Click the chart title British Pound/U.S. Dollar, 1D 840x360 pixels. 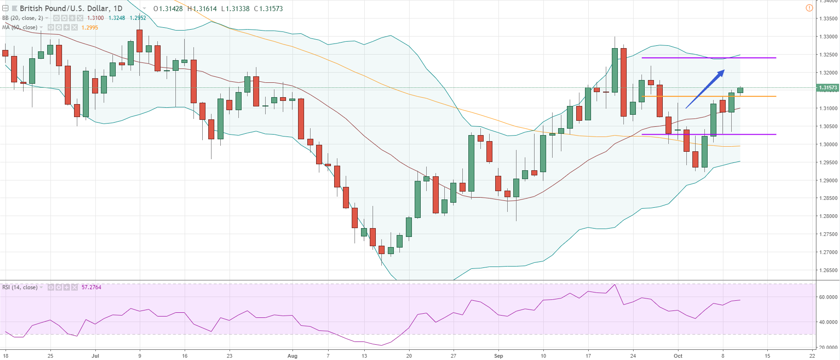pos(71,8)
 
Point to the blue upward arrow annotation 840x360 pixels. pos(705,89)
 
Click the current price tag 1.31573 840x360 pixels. pos(828,87)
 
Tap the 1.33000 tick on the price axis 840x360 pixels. pos(828,37)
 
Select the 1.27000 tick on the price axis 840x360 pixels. pos(828,252)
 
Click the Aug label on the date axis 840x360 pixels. pos(292,356)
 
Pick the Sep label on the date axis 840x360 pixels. pos(498,356)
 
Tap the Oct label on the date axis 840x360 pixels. pos(678,356)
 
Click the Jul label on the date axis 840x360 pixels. pos(95,356)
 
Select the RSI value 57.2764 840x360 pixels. pos(91,287)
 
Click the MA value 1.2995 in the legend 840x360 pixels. pos(90,28)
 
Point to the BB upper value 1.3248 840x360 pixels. pos(117,18)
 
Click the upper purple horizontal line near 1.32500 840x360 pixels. pos(709,58)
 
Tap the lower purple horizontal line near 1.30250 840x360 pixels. pos(709,134)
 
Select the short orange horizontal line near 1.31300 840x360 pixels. pos(709,96)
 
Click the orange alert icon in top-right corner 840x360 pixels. pos(809,8)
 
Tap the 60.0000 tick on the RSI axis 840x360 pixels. pos(828,297)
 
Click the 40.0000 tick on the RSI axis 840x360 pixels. pos(828,322)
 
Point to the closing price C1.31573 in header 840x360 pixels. pos(268,8)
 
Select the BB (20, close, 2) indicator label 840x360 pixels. pos(23,18)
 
